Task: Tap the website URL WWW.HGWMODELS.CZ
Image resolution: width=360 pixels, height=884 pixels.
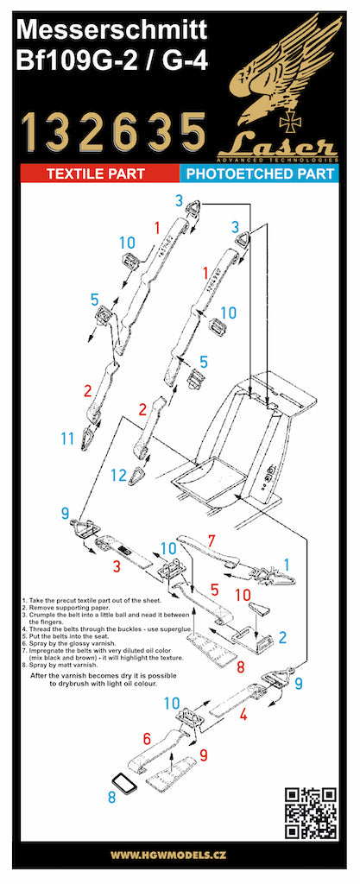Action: [179, 855]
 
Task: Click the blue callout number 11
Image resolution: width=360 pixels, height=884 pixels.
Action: [68, 439]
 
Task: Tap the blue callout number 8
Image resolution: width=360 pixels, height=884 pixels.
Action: [112, 797]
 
